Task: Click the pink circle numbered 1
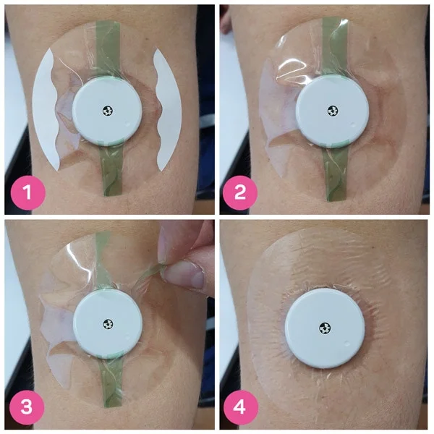[27, 192]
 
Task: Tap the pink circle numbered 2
[240, 192]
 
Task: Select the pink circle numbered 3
[27, 407]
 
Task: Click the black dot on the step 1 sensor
[108, 111]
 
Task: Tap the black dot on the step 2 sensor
[333, 111]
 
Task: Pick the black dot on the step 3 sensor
[109, 324]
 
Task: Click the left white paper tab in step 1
[45, 109]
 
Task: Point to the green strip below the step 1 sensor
[111, 170]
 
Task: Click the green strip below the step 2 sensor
[335, 174]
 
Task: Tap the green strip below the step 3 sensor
[109, 383]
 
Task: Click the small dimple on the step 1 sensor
[128, 124]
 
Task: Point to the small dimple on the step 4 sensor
[346, 344]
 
